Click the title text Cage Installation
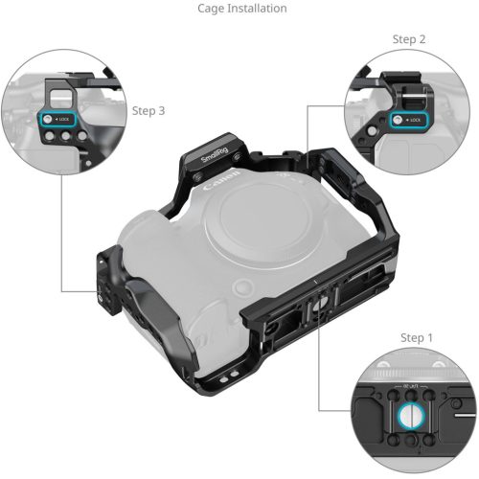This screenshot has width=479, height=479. click(241, 9)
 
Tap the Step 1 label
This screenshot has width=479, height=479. click(418, 338)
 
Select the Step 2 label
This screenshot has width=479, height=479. click(410, 39)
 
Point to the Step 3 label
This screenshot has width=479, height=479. click(148, 111)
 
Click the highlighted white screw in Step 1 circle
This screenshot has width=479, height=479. click(408, 414)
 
